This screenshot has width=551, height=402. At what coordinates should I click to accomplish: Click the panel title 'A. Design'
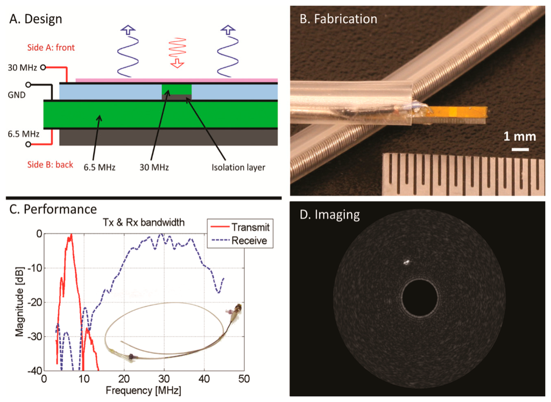click(x=36, y=19)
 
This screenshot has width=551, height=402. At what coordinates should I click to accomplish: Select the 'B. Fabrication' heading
click(x=337, y=18)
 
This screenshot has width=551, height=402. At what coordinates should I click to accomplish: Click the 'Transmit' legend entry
click(x=248, y=229)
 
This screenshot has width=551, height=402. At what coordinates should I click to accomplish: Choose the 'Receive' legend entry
click(x=249, y=241)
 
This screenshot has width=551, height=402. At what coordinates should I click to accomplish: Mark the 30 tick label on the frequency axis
click(x=164, y=379)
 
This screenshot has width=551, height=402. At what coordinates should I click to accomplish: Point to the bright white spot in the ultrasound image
click(x=407, y=263)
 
